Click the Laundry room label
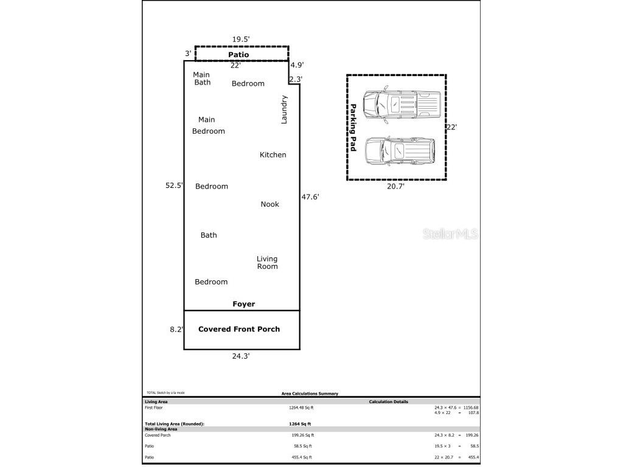[284, 109]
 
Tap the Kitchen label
[273, 155]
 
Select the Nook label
[270, 204]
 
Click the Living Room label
[267, 263]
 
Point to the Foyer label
[243, 304]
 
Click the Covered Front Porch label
[239, 329]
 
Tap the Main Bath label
[202, 79]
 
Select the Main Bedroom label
[208, 125]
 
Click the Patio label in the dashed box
[238, 55]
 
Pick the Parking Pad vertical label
[352, 127]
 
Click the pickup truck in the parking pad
[401, 104]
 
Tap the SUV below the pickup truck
[399, 150]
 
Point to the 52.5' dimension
[174, 186]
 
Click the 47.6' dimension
[310, 197]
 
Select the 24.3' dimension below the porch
[240, 356]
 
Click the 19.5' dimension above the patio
[241, 40]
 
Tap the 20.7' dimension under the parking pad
[395, 187]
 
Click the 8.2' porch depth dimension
[176, 329]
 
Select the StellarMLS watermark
[450, 233]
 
